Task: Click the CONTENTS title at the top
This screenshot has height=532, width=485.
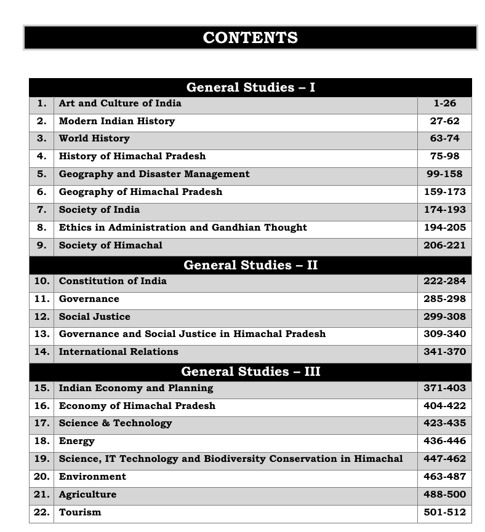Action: pos(250,38)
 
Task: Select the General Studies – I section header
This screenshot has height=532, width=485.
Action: pos(250,87)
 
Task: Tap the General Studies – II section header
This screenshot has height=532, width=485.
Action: pos(250,265)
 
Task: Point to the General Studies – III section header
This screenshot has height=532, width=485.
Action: pos(250,371)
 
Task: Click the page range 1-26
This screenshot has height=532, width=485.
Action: pos(444,103)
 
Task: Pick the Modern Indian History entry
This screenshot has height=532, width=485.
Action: pos(116,121)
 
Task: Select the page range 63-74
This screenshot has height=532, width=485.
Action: pos(444,138)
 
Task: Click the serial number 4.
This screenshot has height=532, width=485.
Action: pos(41,156)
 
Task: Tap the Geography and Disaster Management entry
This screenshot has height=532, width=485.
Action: pos(154,174)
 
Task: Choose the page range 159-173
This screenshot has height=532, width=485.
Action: pos(444,192)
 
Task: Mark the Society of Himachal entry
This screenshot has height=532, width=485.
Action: pos(110,245)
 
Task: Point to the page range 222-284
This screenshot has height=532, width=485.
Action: pos(444,281)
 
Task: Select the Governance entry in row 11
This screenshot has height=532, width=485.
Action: pos(89,299)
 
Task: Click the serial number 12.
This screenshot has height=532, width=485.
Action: pos(41,317)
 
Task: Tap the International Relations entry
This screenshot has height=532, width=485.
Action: pos(118,352)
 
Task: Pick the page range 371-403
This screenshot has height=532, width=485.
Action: pos(444,388)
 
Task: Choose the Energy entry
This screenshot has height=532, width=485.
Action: pos(76,441)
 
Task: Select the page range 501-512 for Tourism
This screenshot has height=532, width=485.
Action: pos(444,512)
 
